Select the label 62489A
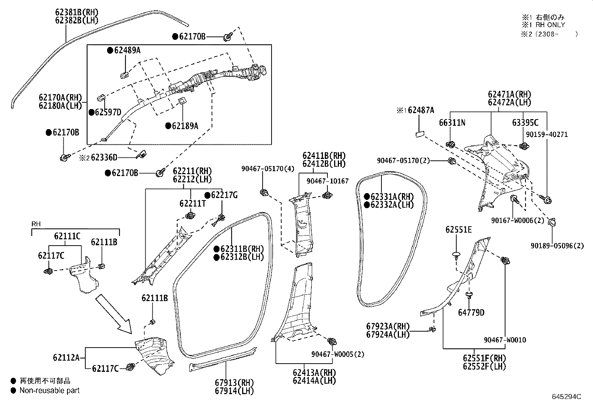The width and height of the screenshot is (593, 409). tap(127, 50)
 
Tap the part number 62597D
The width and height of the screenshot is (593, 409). tap(108, 112)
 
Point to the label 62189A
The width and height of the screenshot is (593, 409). tap(185, 126)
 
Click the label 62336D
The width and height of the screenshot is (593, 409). tap(104, 158)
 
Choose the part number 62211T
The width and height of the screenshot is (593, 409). tap(193, 203)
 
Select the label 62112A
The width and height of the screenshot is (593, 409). tap(66, 358)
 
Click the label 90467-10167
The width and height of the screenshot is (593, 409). tap(327, 181)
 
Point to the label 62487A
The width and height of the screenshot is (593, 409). tap(421, 110)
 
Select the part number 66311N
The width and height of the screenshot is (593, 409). tap(452, 122)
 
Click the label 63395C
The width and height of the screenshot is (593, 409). tap(525, 122)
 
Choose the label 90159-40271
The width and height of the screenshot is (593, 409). tap(547, 134)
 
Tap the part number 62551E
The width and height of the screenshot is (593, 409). tap(458, 230)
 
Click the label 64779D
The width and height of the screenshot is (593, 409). tap(471, 313)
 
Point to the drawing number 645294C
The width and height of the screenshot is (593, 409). tap(566, 396)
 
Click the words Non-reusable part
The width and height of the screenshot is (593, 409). tap(50, 390)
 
